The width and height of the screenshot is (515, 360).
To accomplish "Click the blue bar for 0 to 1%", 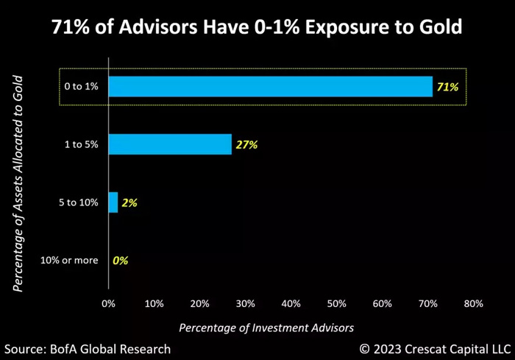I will click(x=270, y=87).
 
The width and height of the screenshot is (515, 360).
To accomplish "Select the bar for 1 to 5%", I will click(x=170, y=144).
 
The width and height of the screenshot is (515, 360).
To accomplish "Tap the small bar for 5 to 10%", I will click(x=113, y=202).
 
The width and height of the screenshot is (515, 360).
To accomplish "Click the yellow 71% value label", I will click(x=447, y=87).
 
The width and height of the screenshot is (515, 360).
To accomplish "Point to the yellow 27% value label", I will click(x=246, y=145).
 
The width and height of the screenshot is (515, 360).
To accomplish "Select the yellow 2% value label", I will click(x=129, y=202).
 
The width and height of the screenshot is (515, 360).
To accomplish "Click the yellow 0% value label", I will click(x=120, y=260).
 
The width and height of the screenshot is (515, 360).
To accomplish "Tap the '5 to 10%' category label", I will click(x=78, y=202).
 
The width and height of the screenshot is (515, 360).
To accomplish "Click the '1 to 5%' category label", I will click(x=81, y=145).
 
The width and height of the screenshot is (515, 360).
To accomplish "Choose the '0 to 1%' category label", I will click(x=81, y=87).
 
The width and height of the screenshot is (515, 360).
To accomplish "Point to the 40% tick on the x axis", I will click(x=291, y=303).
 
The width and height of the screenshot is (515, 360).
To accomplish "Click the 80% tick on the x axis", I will click(x=473, y=303).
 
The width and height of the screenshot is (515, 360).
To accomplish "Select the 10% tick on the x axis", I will click(x=154, y=303).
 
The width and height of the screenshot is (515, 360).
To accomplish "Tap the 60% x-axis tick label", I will click(x=382, y=303).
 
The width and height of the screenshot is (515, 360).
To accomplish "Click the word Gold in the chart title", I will click(x=438, y=28).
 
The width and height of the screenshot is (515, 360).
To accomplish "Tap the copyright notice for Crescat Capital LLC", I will click(x=434, y=348).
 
